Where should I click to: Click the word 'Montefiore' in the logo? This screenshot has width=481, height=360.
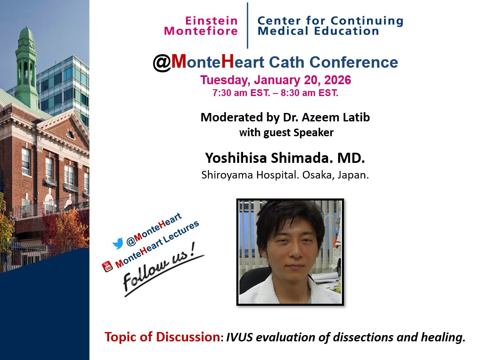[x=201, y=31]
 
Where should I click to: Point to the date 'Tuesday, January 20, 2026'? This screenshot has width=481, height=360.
[x=276, y=80]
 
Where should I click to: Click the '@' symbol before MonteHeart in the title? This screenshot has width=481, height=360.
[x=161, y=63]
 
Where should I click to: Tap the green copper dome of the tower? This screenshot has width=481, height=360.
[x=26, y=34]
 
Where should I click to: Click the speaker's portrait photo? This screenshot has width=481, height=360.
[x=290, y=252]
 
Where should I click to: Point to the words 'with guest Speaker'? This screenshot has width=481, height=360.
[x=286, y=133]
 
